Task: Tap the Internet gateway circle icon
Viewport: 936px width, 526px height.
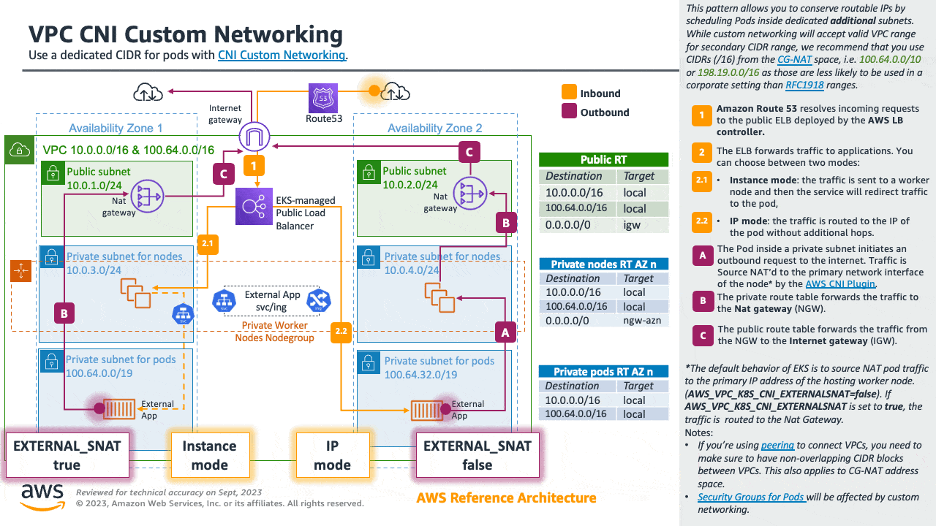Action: click(x=254, y=136)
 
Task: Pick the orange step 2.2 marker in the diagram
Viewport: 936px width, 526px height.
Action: click(x=341, y=331)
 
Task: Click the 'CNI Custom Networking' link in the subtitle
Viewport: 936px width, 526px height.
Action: click(x=282, y=55)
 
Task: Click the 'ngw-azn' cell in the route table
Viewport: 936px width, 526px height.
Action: click(x=641, y=321)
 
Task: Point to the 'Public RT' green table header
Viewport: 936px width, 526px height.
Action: click(x=603, y=160)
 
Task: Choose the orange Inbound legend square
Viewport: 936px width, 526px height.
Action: click(x=568, y=93)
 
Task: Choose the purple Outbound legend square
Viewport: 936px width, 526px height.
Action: click(x=568, y=112)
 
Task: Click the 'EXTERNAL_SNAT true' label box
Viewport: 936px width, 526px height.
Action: click(x=67, y=455)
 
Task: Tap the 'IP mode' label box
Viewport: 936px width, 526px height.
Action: click(x=333, y=455)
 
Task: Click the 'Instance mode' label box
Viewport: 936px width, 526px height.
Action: click(x=209, y=455)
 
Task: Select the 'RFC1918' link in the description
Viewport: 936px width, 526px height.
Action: click(x=804, y=85)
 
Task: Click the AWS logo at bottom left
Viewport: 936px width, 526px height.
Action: click(x=42, y=496)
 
